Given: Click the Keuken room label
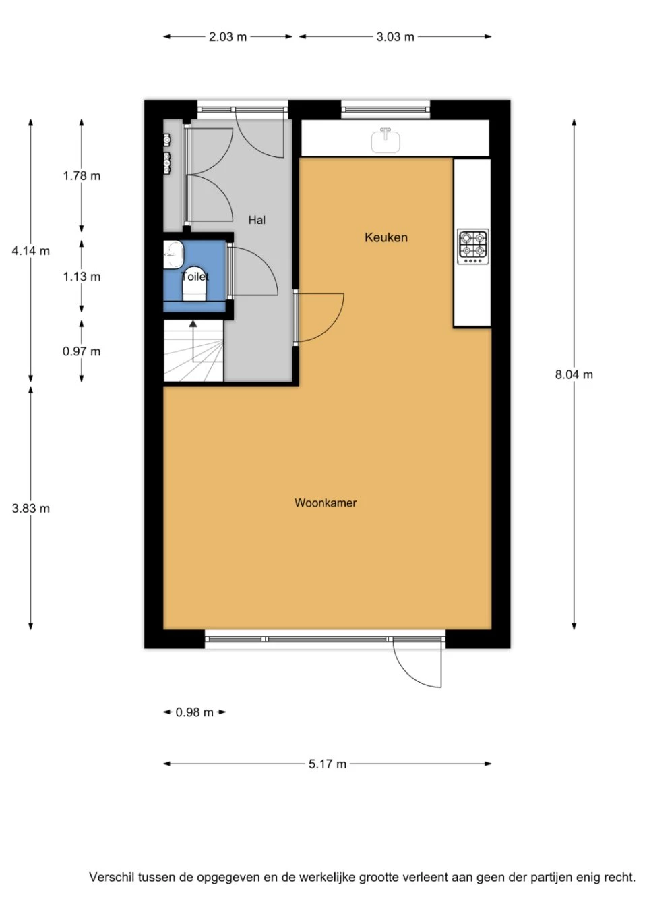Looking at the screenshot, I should (x=386, y=237).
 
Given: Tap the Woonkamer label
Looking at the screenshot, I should (x=325, y=503).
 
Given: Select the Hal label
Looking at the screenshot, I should (x=256, y=220).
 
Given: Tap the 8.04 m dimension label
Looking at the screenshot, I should (x=574, y=375).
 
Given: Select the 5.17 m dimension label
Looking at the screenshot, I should (x=328, y=764).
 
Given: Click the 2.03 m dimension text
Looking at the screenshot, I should (x=227, y=37).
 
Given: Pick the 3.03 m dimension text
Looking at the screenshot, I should (x=395, y=37).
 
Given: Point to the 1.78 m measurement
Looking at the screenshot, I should (x=82, y=176).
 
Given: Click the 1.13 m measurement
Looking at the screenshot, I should (x=82, y=277).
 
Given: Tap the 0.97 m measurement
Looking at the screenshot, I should (x=82, y=351).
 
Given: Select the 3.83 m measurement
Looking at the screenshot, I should (x=30, y=509).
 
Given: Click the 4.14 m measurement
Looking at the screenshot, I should (x=30, y=251).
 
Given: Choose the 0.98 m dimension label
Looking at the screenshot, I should (x=194, y=712).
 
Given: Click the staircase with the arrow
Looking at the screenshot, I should (x=193, y=351).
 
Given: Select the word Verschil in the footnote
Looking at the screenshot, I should (x=111, y=878).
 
